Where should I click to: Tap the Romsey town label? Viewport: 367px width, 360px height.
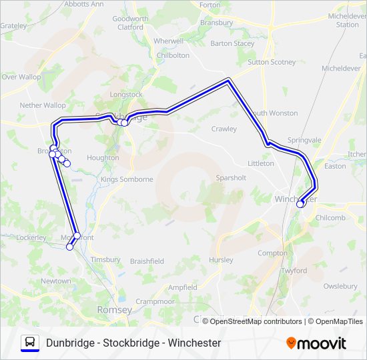point(111,309)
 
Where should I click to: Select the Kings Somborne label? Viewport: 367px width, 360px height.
point(127,179)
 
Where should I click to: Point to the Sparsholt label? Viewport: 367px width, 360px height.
point(232,178)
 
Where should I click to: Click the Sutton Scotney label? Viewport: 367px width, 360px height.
point(272,62)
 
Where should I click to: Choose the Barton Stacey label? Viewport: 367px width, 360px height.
point(232,43)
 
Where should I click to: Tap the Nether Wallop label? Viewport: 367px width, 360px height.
point(43,105)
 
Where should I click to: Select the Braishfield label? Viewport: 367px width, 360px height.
point(147,261)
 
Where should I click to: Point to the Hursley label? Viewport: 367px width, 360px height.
point(221,260)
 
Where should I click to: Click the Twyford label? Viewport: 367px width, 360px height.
point(294,271)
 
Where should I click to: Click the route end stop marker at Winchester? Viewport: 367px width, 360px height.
point(300,204)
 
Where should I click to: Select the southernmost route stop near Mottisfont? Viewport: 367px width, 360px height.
point(69,247)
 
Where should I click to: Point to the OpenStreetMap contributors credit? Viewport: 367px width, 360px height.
point(254,321)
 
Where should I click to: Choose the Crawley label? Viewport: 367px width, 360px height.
point(224,129)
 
